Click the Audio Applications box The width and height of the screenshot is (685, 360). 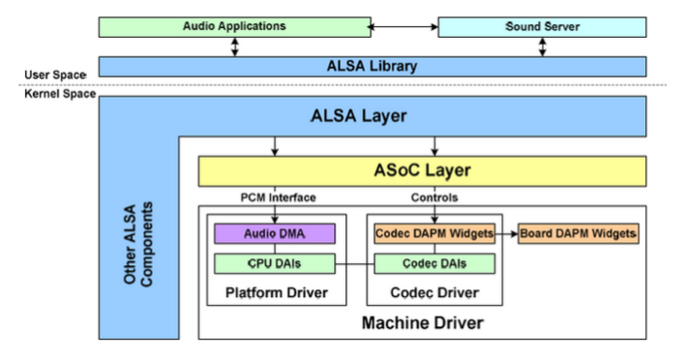coord(235,26)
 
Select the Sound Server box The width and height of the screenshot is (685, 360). coord(542,26)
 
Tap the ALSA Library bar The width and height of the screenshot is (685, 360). coord(372,67)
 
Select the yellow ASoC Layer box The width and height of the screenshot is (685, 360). coord(422,171)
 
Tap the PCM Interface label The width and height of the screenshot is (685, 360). coord(278,198)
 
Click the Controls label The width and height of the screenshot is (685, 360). coord(433,198)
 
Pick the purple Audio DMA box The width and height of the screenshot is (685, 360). coord(273,233)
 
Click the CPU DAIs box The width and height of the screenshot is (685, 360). coord(273,262)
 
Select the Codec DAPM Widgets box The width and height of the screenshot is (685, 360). coord(433,233)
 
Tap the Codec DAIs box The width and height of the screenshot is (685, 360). coord(433,262)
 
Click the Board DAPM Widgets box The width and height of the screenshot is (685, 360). coord(579,233)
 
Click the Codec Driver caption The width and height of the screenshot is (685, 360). coord(433,292)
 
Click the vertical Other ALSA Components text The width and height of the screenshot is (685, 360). coord(140,243)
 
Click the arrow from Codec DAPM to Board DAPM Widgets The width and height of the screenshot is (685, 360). coord(507,233)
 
